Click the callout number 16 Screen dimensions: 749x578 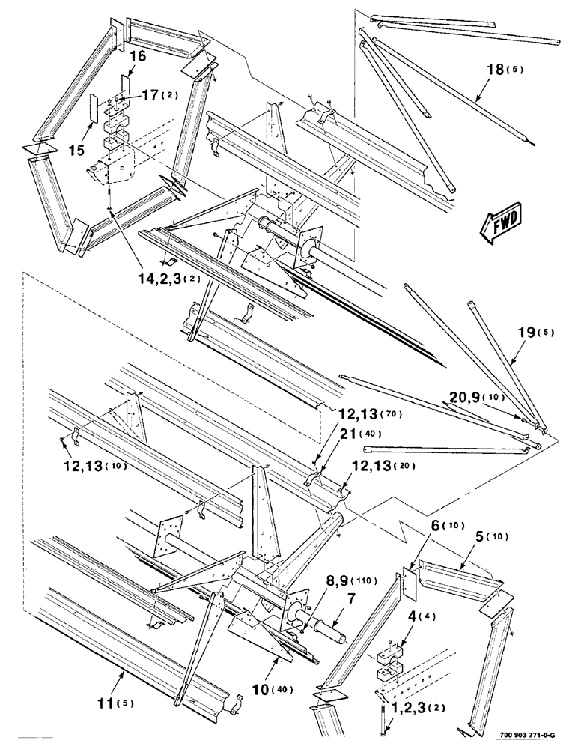click(136, 57)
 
